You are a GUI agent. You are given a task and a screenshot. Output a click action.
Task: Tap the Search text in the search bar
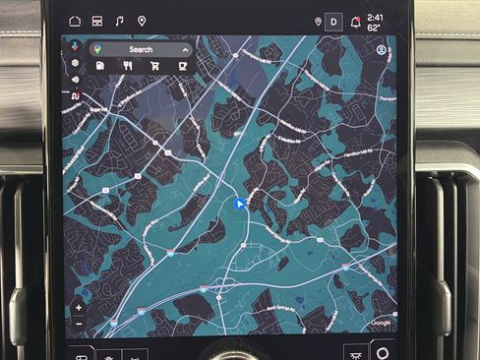tap(141, 49)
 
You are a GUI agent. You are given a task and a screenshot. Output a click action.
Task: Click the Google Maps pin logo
tap(96, 48)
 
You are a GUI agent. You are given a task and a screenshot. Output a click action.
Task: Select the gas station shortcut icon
tap(101, 65)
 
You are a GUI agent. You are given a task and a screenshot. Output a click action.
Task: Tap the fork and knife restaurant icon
tap(128, 65)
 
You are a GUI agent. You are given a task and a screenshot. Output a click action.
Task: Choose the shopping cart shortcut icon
tap(154, 65)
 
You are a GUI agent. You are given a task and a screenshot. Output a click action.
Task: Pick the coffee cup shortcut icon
tap(182, 65)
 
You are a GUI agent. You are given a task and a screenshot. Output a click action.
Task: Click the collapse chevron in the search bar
tap(184, 49)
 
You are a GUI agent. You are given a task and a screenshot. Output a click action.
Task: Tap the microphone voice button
tap(75, 46)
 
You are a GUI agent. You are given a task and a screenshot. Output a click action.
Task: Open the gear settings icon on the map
tap(75, 63)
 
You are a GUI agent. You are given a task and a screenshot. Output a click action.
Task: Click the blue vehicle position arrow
tap(238, 204)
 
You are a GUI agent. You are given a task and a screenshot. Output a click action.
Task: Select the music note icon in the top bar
tap(119, 20)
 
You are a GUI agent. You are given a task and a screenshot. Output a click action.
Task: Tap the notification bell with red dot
tap(355, 21)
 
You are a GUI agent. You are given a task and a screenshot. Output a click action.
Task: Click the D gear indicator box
tap(333, 21)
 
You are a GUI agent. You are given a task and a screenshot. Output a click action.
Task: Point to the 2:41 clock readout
tap(375, 17)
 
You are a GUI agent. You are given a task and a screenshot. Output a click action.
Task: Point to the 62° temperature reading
tap(374, 28)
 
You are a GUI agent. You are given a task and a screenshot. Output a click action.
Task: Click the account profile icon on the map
tap(382, 50)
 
